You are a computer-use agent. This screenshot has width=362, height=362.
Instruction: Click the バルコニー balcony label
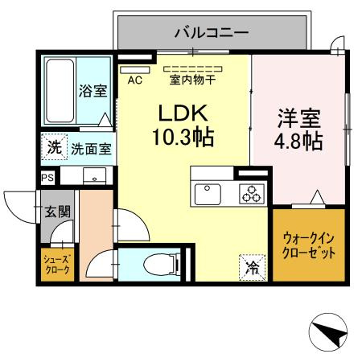[x=212, y=33]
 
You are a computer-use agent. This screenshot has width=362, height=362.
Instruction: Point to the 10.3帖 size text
[x=182, y=138]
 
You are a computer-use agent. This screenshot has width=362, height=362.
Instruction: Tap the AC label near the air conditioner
[x=134, y=79]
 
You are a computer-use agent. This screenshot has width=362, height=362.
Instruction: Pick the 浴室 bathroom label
[x=93, y=91]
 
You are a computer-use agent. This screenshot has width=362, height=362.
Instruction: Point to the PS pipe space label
[x=47, y=178]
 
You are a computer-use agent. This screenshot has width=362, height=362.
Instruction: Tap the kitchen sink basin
[x=208, y=193]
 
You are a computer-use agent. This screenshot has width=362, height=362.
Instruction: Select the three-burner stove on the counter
[x=252, y=194]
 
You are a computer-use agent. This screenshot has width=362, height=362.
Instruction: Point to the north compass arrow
[x=328, y=331]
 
